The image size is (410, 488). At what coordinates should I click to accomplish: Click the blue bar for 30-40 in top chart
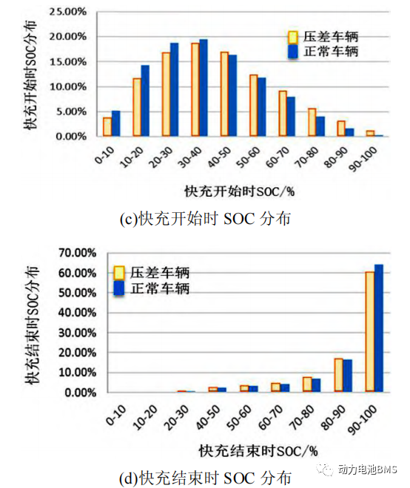pyautogui.click(x=204, y=88)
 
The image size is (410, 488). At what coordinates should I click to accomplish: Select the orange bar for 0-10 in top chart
pyautogui.click(x=107, y=126)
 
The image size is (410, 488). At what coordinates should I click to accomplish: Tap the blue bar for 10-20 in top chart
pyautogui.click(x=145, y=101)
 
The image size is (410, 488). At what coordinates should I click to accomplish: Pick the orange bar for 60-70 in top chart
pyautogui.click(x=283, y=114)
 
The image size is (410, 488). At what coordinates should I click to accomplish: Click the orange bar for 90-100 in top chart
pyautogui.click(x=370, y=134)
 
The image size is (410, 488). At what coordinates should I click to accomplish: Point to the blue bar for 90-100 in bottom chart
pyautogui.click(x=378, y=328)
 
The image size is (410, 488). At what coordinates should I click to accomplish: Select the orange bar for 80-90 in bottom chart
pyautogui.click(x=339, y=375)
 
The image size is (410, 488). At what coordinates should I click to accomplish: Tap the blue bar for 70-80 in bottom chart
pyautogui.click(x=316, y=385)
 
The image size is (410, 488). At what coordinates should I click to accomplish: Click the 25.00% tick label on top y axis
pyautogui.click(x=68, y=12)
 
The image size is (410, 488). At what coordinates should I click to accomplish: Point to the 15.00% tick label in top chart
pyautogui.click(x=68, y=62)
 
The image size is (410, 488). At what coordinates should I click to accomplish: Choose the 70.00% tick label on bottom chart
pyautogui.click(x=78, y=253)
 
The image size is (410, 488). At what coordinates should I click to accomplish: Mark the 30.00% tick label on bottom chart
pyautogui.click(x=78, y=333)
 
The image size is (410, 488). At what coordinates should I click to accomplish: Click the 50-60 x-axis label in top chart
pyautogui.click(x=249, y=157)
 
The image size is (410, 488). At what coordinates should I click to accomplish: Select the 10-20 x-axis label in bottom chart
pyautogui.click(x=146, y=417)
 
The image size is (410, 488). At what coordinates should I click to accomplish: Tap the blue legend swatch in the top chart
pyautogui.click(x=293, y=52)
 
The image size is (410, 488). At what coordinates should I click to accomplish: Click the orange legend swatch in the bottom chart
pyautogui.click(x=118, y=273)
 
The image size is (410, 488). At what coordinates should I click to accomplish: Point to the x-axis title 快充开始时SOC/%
pyautogui.click(x=239, y=191)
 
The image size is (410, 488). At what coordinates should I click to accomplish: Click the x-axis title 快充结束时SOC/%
pyautogui.click(x=258, y=451)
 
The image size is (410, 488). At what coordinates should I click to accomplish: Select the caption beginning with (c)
pyautogui.click(x=205, y=218)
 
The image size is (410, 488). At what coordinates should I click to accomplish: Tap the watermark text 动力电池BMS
pyautogui.click(x=367, y=469)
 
